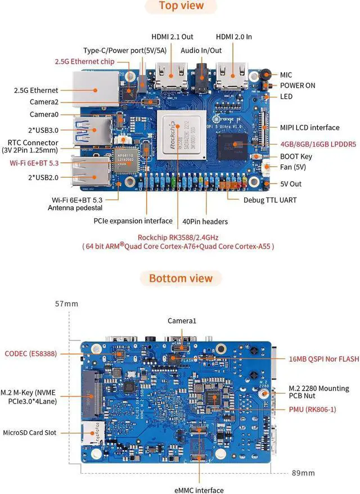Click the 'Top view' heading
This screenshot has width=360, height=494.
pos(181,7)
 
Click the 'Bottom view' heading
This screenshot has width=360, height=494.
pos(181,278)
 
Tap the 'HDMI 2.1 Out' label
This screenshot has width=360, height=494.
pos(174,37)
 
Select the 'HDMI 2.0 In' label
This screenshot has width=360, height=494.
pos(233,37)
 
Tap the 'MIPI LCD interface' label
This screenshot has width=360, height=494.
pos(309,127)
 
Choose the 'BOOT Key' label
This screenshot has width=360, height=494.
pos(296,156)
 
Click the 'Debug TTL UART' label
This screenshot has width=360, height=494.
pos(270,200)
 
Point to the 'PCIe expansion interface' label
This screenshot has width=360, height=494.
pos(133,221)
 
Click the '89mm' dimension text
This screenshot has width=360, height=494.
pos(303,472)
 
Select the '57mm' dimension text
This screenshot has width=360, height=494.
pos(66,304)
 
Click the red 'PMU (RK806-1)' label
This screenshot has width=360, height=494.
pos(312,409)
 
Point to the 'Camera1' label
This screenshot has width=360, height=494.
pos(182,321)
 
